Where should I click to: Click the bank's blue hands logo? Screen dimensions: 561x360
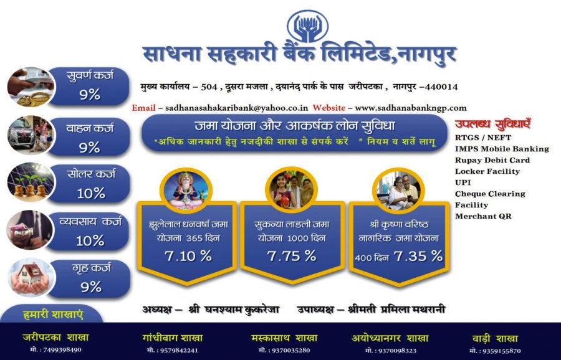(308, 26)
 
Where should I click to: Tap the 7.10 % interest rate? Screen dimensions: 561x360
(188, 256)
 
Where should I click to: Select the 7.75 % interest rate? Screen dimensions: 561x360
(292, 256)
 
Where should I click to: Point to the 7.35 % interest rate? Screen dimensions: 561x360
(418, 256)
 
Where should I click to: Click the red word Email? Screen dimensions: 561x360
(143, 108)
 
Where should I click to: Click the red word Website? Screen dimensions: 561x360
(328, 108)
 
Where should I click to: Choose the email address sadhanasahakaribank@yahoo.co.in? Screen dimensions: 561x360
(236, 108)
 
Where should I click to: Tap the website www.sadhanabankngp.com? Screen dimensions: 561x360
(411, 108)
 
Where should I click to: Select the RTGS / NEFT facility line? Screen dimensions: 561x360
(483, 138)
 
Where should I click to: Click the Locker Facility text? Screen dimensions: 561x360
(487, 171)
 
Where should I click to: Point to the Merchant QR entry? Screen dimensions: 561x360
(483, 216)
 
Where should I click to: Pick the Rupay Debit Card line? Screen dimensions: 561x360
(492, 160)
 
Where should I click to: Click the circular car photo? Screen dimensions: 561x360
(31, 135)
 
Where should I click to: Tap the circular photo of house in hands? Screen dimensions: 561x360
(31, 278)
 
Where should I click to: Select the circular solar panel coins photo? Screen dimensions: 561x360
(31, 182)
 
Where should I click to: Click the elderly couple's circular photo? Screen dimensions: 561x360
(398, 191)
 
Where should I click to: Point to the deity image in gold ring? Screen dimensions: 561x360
(186, 191)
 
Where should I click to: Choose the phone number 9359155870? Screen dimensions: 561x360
(495, 351)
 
